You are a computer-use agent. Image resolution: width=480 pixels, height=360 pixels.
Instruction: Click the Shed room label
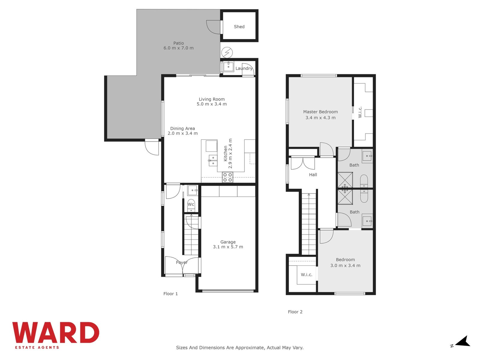point(239,27)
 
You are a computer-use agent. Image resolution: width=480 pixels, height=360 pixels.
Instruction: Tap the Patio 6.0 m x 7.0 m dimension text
point(178,48)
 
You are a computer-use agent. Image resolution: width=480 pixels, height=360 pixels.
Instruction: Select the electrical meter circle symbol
point(227,52)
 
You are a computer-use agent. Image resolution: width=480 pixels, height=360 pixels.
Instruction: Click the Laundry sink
point(229,67)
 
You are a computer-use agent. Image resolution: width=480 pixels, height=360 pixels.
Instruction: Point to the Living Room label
point(211,99)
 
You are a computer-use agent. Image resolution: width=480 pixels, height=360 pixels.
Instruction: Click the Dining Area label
point(182,128)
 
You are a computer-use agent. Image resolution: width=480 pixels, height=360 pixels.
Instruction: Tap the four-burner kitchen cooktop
point(227,177)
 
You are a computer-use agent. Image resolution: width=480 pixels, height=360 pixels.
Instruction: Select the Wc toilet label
point(191,204)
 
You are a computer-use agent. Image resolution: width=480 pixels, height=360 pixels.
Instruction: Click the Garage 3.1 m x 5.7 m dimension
point(228,247)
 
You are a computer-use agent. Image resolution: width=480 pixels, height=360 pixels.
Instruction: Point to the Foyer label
point(182,262)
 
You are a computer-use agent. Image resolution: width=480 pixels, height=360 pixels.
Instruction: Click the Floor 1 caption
point(171,294)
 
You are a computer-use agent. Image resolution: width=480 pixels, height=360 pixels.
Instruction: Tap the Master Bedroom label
point(320,112)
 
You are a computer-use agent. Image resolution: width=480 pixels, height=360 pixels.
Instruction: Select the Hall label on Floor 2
point(313,175)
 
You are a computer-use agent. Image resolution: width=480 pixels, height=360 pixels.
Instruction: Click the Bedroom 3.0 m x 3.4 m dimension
point(345,265)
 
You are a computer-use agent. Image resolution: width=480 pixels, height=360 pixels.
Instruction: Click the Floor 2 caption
point(295,312)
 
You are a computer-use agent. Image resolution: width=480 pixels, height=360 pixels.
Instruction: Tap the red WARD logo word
point(56,332)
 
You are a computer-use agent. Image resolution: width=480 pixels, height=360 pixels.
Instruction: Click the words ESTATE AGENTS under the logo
point(37,347)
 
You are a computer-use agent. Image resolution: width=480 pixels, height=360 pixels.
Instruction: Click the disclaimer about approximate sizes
point(240,347)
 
